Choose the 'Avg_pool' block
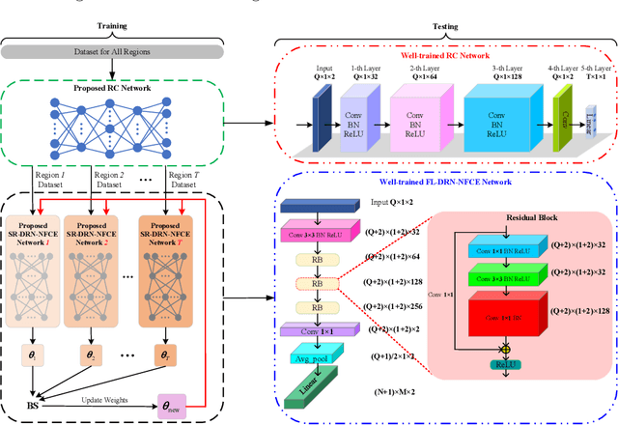pyautogui.click(x=317, y=358)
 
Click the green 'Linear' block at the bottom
pyautogui.click(x=315, y=394)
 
